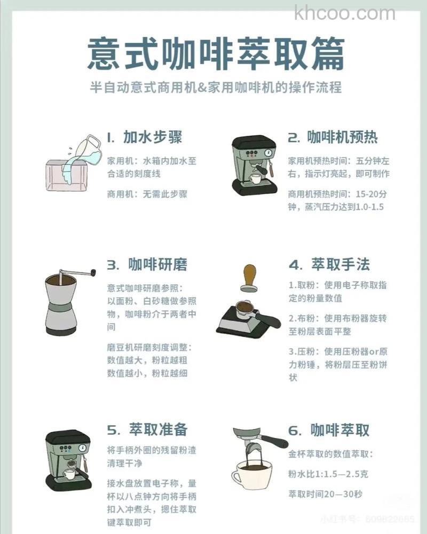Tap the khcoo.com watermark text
pos(344,12)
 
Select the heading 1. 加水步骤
pos(144,137)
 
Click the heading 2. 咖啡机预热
pos(333,137)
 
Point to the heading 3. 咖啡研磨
pos(147,264)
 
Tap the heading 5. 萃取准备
pos(147,430)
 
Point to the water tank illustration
pos(65,175)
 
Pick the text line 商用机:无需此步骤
pos(147,194)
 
